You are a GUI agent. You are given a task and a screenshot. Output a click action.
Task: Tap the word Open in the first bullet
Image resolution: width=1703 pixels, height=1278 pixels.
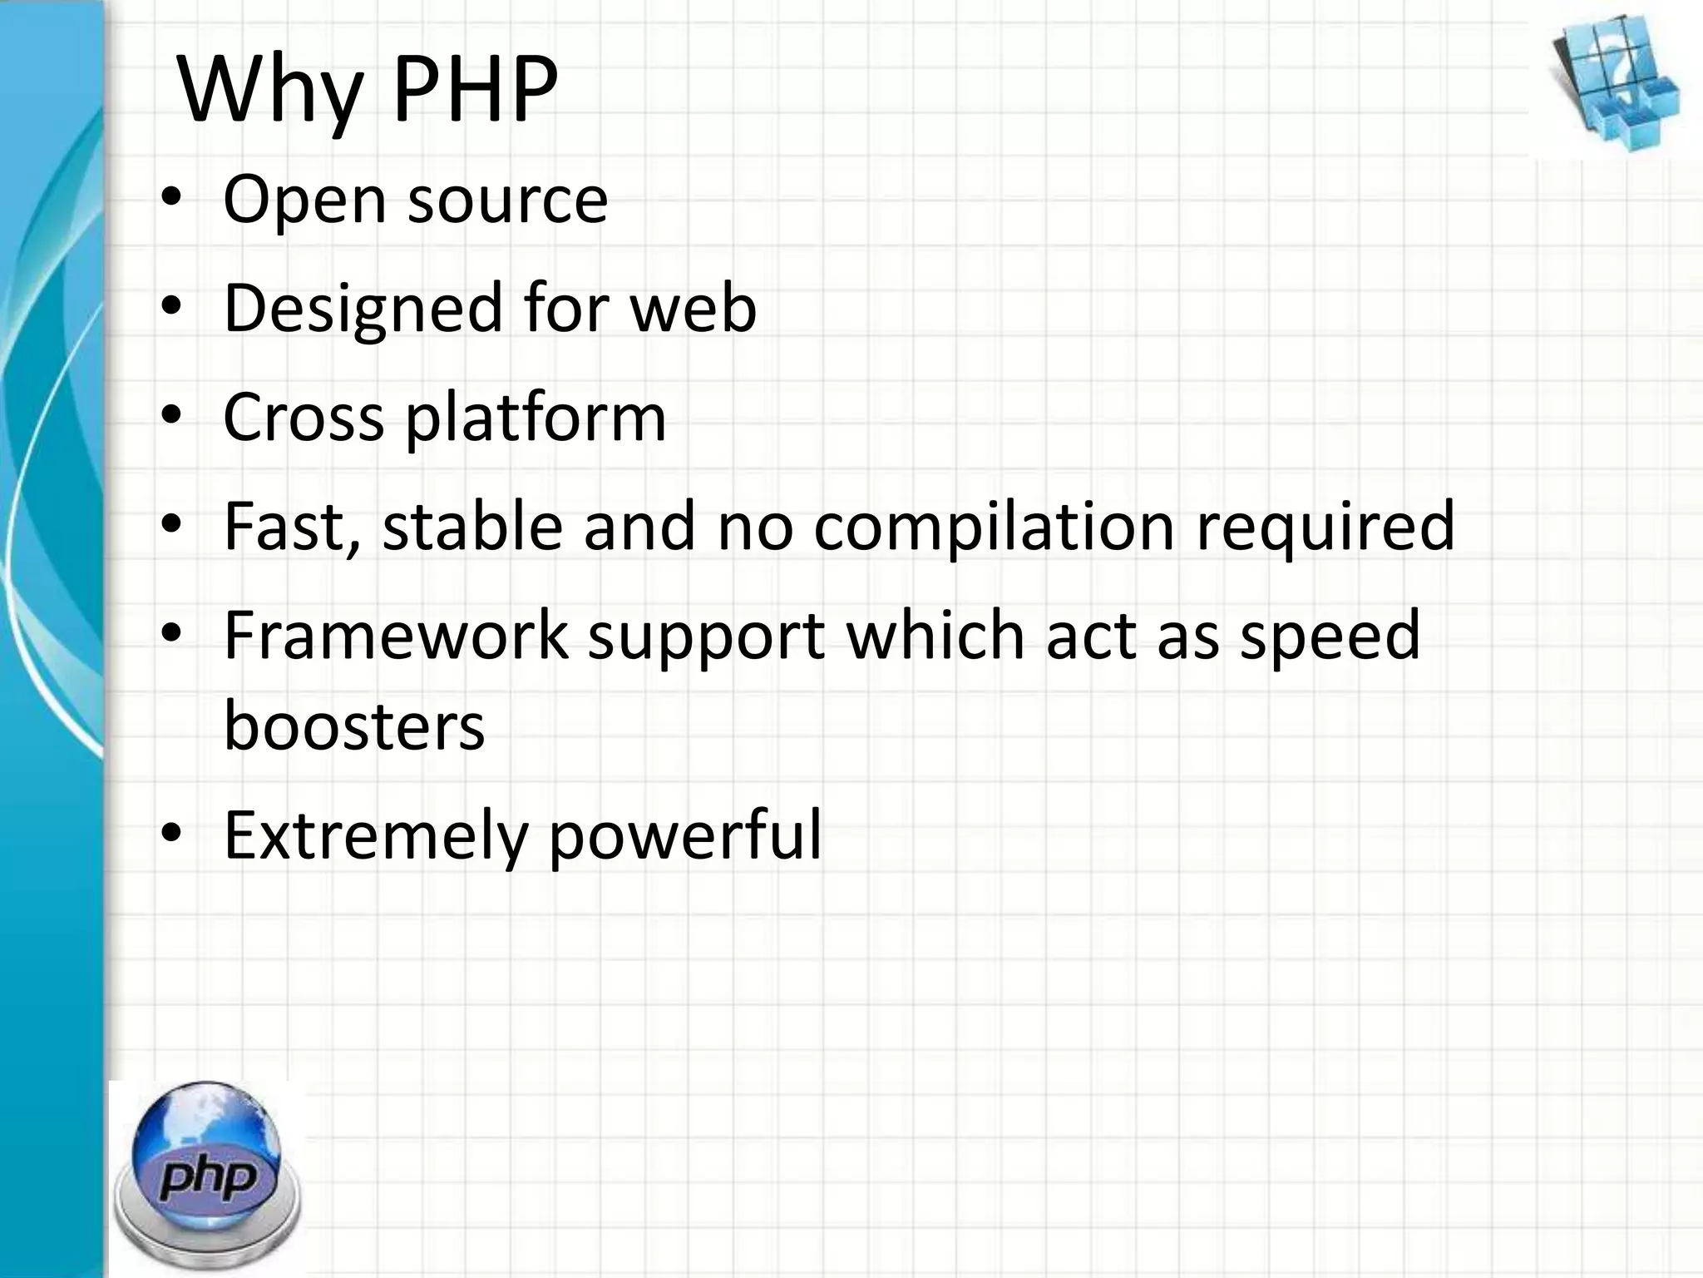[304, 201]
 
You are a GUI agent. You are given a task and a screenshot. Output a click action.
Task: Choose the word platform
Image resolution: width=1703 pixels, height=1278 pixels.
[536, 419]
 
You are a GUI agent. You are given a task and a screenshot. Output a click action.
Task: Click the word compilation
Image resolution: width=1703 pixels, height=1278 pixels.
[994, 527]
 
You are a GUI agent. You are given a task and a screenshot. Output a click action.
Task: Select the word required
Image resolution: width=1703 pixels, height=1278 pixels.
[1325, 528]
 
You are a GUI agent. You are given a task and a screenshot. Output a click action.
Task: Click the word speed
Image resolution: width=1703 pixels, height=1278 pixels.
[1330, 637]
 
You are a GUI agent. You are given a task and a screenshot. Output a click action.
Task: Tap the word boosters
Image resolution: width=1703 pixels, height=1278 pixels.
[354, 726]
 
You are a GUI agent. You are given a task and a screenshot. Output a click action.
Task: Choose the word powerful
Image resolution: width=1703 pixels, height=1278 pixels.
[685, 835]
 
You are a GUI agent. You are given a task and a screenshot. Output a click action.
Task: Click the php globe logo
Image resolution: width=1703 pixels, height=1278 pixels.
[208, 1173]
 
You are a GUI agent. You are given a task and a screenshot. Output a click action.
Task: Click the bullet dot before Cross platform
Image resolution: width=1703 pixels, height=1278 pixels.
[171, 416]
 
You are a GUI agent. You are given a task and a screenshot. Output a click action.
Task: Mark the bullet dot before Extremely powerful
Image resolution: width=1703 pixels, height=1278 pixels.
[171, 834]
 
